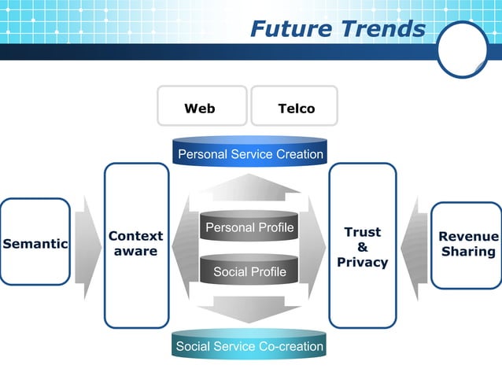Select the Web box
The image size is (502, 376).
pyautogui.click(x=200, y=107)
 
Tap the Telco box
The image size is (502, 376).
pyautogui.click(x=295, y=107)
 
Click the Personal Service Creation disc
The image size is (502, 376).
pyautogui.click(x=249, y=153)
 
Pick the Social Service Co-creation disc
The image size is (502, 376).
pyautogui.click(x=249, y=345)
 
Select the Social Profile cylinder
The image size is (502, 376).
pyautogui.click(x=249, y=271)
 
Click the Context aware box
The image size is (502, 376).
pyautogui.click(x=136, y=244)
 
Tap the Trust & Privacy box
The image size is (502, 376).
pyautogui.click(x=362, y=245)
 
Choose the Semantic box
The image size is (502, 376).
pyautogui.click(x=35, y=243)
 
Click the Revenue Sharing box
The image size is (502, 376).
pyautogui.click(x=467, y=244)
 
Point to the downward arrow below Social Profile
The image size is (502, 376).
pyautogui.click(x=249, y=308)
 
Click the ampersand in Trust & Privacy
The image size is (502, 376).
pyautogui.click(x=362, y=247)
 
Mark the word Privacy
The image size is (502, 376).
pyautogui.click(x=362, y=262)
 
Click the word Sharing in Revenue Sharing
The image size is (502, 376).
pyautogui.click(x=468, y=252)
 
